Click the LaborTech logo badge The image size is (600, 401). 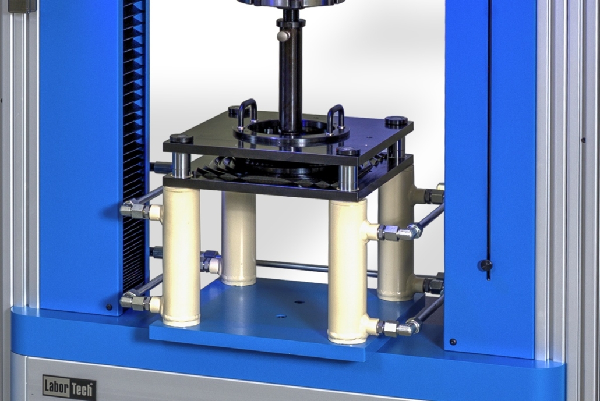coord(69,386)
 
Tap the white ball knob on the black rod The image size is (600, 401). coord(283,36)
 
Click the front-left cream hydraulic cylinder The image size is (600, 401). coord(181,255)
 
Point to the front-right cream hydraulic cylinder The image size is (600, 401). coord(348,269)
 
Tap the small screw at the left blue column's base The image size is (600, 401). coord(109,307)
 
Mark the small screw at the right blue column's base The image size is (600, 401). coord(453,342)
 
